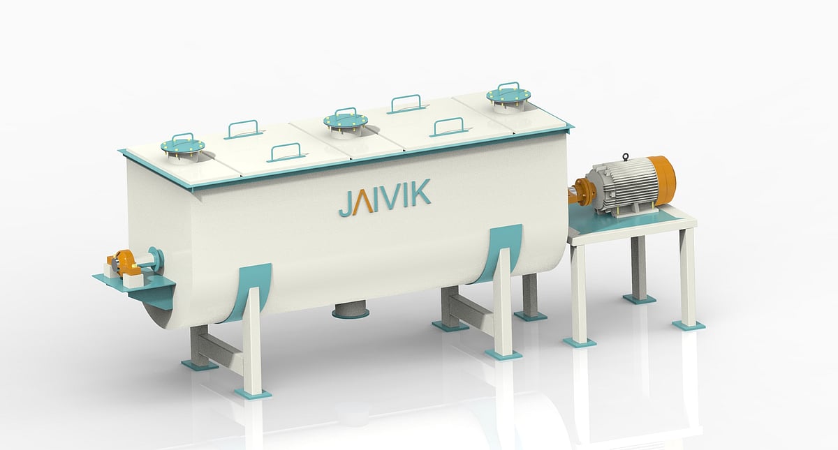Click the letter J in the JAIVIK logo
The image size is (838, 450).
point(344,203)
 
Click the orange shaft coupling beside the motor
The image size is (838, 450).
point(582,190)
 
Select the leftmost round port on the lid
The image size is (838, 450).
point(182,147)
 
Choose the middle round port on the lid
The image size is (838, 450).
point(345,121)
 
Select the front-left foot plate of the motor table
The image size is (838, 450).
point(580,342)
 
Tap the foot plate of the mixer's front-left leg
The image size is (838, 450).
point(252,393)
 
